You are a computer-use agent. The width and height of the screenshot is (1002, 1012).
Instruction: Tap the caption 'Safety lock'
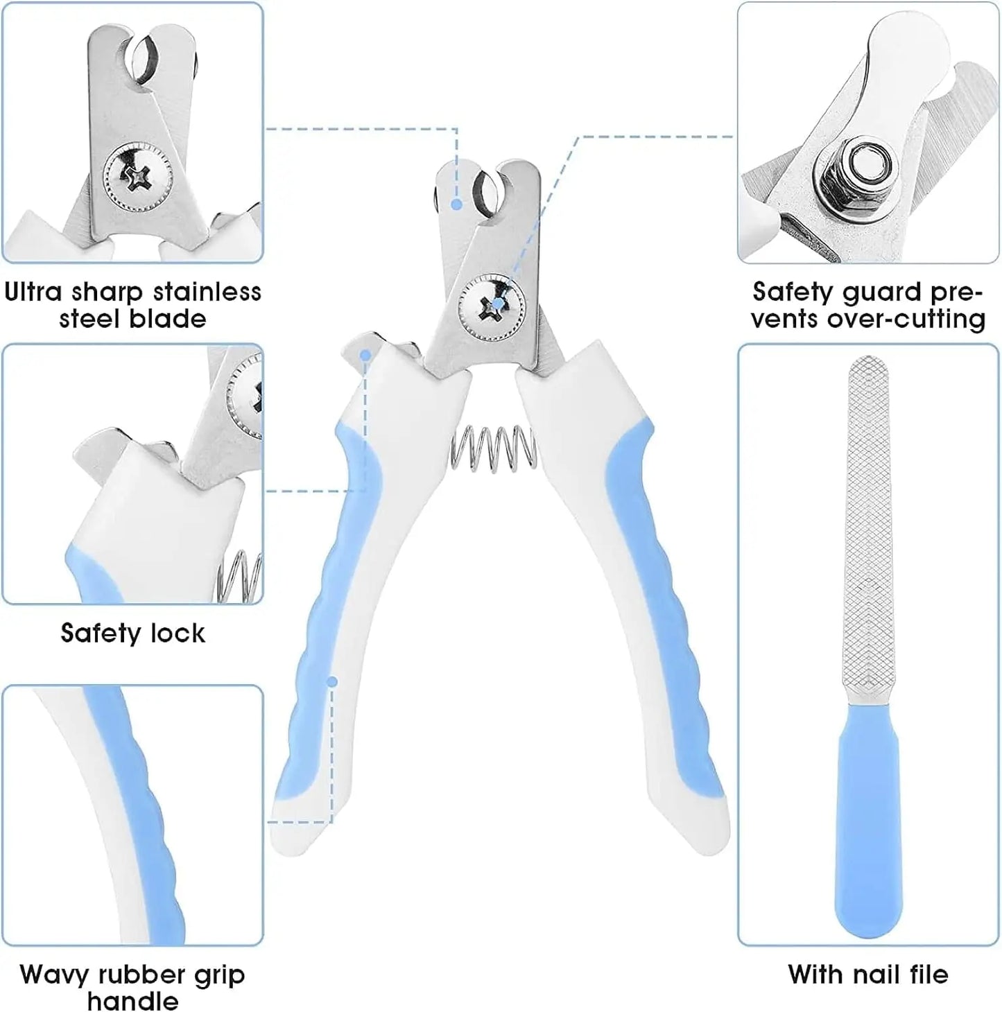[132, 633]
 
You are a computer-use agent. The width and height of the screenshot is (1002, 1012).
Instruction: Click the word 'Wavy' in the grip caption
[55, 975]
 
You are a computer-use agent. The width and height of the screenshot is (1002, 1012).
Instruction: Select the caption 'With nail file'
[867, 975]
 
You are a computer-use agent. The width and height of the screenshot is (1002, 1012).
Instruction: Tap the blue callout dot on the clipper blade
[456, 204]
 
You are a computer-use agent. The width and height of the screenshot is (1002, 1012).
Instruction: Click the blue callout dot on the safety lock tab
[365, 354]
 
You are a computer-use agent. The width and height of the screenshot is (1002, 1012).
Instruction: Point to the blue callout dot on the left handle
[332, 682]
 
